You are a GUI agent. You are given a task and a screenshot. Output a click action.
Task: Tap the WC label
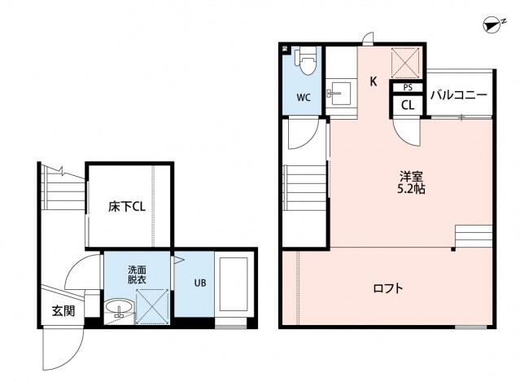(x=303, y=98)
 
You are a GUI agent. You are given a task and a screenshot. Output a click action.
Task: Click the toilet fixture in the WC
(x=307, y=61)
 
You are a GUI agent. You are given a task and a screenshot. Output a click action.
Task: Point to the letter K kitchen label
(x=373, y=81)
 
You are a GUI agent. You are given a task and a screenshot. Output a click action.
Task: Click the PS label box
(x=406, y=87)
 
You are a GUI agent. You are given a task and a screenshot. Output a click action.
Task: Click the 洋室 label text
(x=410, y=175)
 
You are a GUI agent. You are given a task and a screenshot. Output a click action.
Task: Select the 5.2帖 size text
(x=410, y=189)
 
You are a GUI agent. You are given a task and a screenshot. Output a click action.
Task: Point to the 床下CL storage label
(x=127, y=207)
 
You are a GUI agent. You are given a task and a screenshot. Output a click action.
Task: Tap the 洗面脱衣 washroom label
(x=136, y=274)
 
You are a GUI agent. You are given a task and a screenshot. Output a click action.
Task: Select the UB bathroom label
(x=199, y=283)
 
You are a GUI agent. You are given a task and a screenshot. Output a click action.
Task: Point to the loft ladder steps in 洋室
(x=473, y=237)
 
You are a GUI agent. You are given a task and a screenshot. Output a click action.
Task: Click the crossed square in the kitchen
(x=404, y=62)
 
